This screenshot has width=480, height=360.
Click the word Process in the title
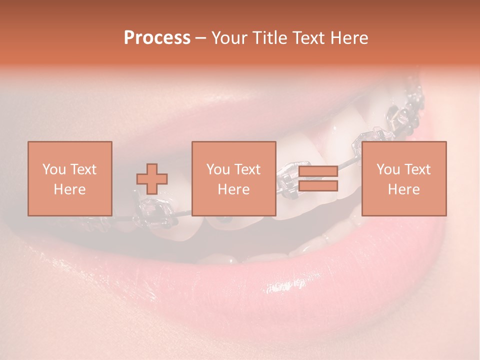pos(157,38)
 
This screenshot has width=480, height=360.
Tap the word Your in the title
pos(228,38)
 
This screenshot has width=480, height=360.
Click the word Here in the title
pos(349,38)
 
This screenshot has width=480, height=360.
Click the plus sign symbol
pos(152,178)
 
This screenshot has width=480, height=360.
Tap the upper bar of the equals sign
pos(318,171)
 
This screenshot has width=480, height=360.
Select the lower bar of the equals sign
pos(318,186)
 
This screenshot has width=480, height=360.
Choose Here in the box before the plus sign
pos(69,189)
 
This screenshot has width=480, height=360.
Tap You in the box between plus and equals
pos(217,169)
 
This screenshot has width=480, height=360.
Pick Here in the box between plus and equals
pos(233,189)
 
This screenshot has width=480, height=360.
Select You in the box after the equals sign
pos(387,169)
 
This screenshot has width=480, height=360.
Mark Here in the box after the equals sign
pos(403,189)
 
